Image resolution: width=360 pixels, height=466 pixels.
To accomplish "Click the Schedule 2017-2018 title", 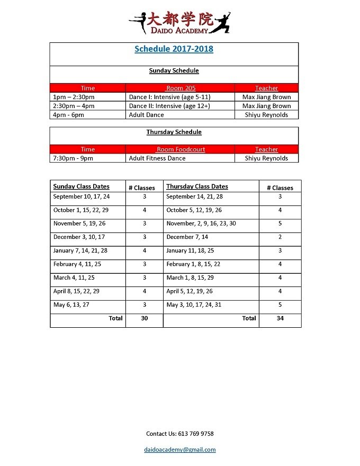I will tap(174, 49).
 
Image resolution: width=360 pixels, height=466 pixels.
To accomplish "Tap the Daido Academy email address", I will tap(180, 450).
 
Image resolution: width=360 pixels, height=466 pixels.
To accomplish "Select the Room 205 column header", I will tap(180, 88).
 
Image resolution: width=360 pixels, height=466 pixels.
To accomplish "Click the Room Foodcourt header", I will tap(180, 149).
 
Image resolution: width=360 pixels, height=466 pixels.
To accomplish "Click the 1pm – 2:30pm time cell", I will tap(74, 97).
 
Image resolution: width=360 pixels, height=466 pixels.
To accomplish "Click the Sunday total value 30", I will tap(145, 318).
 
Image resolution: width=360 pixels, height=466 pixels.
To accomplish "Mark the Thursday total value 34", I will tap(280, 318).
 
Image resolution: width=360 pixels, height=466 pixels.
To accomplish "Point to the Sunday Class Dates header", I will tap(82, 186).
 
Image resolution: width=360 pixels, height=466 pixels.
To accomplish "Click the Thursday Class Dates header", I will tap(197, 186).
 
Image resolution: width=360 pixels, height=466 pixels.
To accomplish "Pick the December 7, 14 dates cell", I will tap(187, 237).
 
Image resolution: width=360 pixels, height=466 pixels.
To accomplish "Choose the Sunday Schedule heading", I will tap(174, 70).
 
